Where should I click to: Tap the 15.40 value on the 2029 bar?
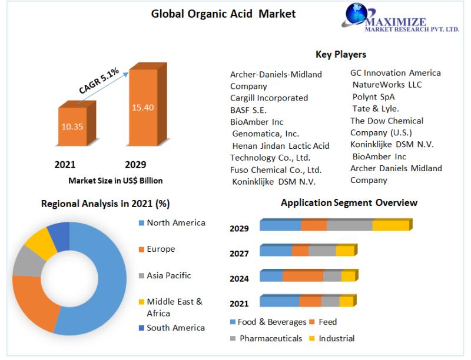(143, 108)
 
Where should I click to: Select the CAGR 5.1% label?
(99, 81)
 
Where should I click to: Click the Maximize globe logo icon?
(356, 16)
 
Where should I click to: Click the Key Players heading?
(341, 54)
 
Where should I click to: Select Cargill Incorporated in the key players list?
(269, 98)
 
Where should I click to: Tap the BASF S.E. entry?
(248, 110)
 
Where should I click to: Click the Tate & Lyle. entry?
(376, 108)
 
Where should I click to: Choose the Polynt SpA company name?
(373, 96)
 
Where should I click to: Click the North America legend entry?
(175, 223)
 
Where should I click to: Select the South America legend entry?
(175, 328)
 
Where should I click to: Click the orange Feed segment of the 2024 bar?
(303, 276)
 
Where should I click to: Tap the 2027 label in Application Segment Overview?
(239, 254)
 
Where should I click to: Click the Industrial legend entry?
(336, 338)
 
